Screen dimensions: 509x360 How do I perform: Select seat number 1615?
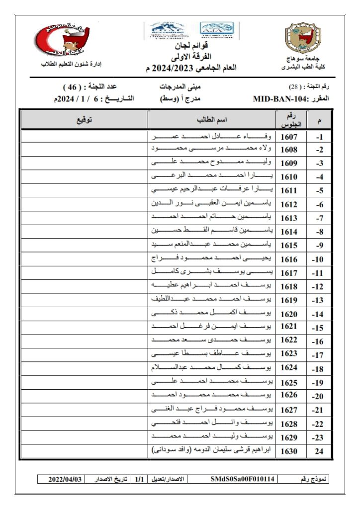click(x=289, y=246)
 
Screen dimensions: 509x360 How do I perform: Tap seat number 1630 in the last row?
click(x=289, y=451)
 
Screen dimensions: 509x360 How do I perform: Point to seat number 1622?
click(x=289, y=340)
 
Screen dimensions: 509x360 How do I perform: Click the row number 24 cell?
click(x=320, y=451)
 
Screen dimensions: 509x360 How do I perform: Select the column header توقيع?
click(x=84, y=120)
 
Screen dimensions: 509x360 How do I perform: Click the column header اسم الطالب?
click(x=212, y=120)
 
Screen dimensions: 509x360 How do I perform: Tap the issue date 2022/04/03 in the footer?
click(x=64, y=479)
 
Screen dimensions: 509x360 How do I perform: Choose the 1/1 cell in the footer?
click(x=139, y=479)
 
